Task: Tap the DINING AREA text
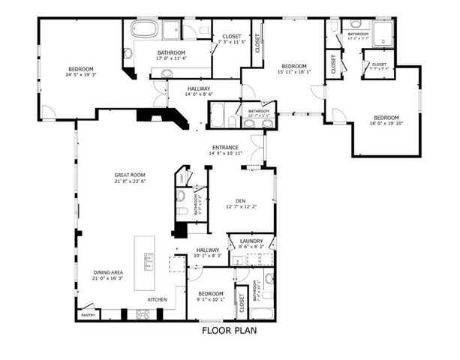(x=108, y=272)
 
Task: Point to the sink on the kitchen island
(x=149, y=260)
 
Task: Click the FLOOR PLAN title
(x=230, y=329)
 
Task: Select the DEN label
(x=240, y=200)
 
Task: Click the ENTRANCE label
(x=225, y=147)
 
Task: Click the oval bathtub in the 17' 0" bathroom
(x=144, y=30)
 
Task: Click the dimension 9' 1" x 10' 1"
(x=210, y=299)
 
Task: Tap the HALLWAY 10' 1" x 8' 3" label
(x=208, y=250)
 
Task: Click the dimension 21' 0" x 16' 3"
(x=108, y=278)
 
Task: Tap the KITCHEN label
(x=158, y=300)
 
